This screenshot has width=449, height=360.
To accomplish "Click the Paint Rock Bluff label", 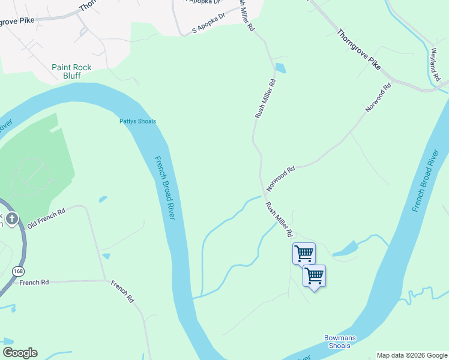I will [71, 72].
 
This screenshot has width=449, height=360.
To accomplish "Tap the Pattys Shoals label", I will [137, 121].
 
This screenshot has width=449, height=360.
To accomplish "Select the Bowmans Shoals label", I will [340, 342].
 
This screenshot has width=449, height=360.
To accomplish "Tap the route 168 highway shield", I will [17, 272].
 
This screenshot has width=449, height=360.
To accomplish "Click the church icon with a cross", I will [13, 218].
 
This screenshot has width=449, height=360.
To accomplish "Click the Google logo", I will [20, 353].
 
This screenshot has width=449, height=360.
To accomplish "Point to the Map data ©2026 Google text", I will [411, 355].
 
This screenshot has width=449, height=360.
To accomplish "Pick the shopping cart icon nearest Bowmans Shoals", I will [314, 276].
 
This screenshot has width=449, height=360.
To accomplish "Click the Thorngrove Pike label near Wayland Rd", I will [358, 49].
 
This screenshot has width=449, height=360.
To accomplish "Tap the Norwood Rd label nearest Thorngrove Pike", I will [378, 98].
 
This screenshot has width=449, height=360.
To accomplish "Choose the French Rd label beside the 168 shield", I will [34, 282].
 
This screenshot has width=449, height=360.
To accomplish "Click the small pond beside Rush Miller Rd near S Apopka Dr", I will [280, 68].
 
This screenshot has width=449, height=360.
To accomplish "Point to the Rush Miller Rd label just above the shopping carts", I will [279, 219].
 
